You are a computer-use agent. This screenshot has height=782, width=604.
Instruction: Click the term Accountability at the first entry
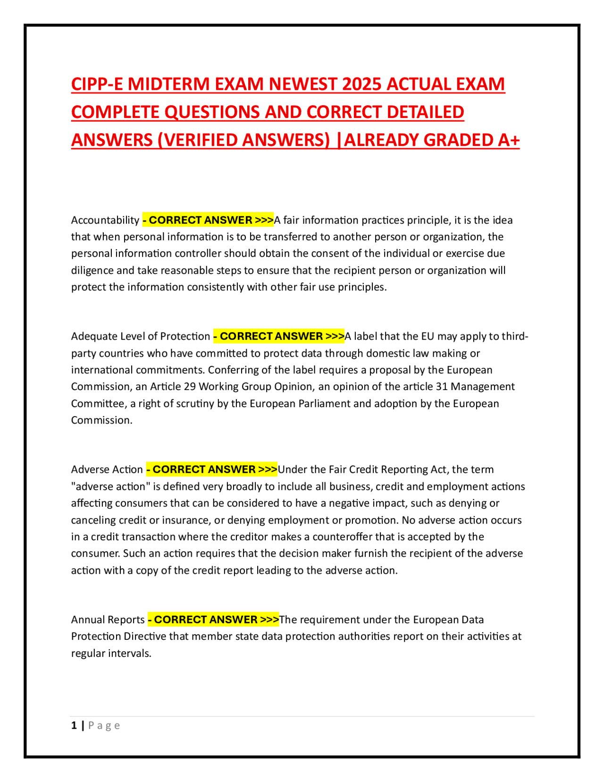(105, 220)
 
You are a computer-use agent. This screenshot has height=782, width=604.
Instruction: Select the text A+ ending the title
(508, 140)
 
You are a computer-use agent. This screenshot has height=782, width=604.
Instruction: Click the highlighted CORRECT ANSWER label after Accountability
(208, 220)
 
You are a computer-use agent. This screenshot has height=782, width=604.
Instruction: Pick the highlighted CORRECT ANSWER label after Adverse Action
(211, 469)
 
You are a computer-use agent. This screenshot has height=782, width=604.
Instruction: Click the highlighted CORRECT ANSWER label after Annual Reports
(213, 620)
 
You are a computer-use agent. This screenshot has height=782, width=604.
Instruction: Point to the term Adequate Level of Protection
(140, 336)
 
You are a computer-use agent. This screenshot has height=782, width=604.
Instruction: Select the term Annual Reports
(108, 620)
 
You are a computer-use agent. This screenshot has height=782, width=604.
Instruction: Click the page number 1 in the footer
(74, 725)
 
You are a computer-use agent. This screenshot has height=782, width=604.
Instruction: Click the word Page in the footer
(104, 725)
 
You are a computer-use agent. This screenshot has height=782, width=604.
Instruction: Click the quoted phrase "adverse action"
(109, 486)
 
